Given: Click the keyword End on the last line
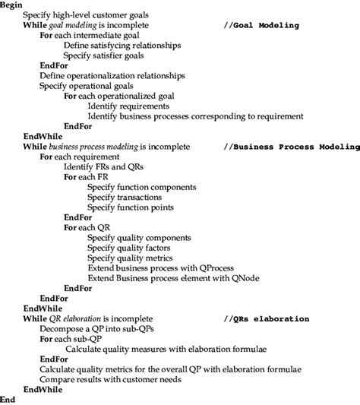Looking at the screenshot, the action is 8,399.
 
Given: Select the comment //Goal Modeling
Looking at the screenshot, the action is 262,25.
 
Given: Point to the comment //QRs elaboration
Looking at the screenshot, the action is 267,318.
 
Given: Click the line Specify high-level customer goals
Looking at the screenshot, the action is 86,15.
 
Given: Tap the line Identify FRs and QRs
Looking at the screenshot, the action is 104,166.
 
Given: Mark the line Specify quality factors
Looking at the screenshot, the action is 128,248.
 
